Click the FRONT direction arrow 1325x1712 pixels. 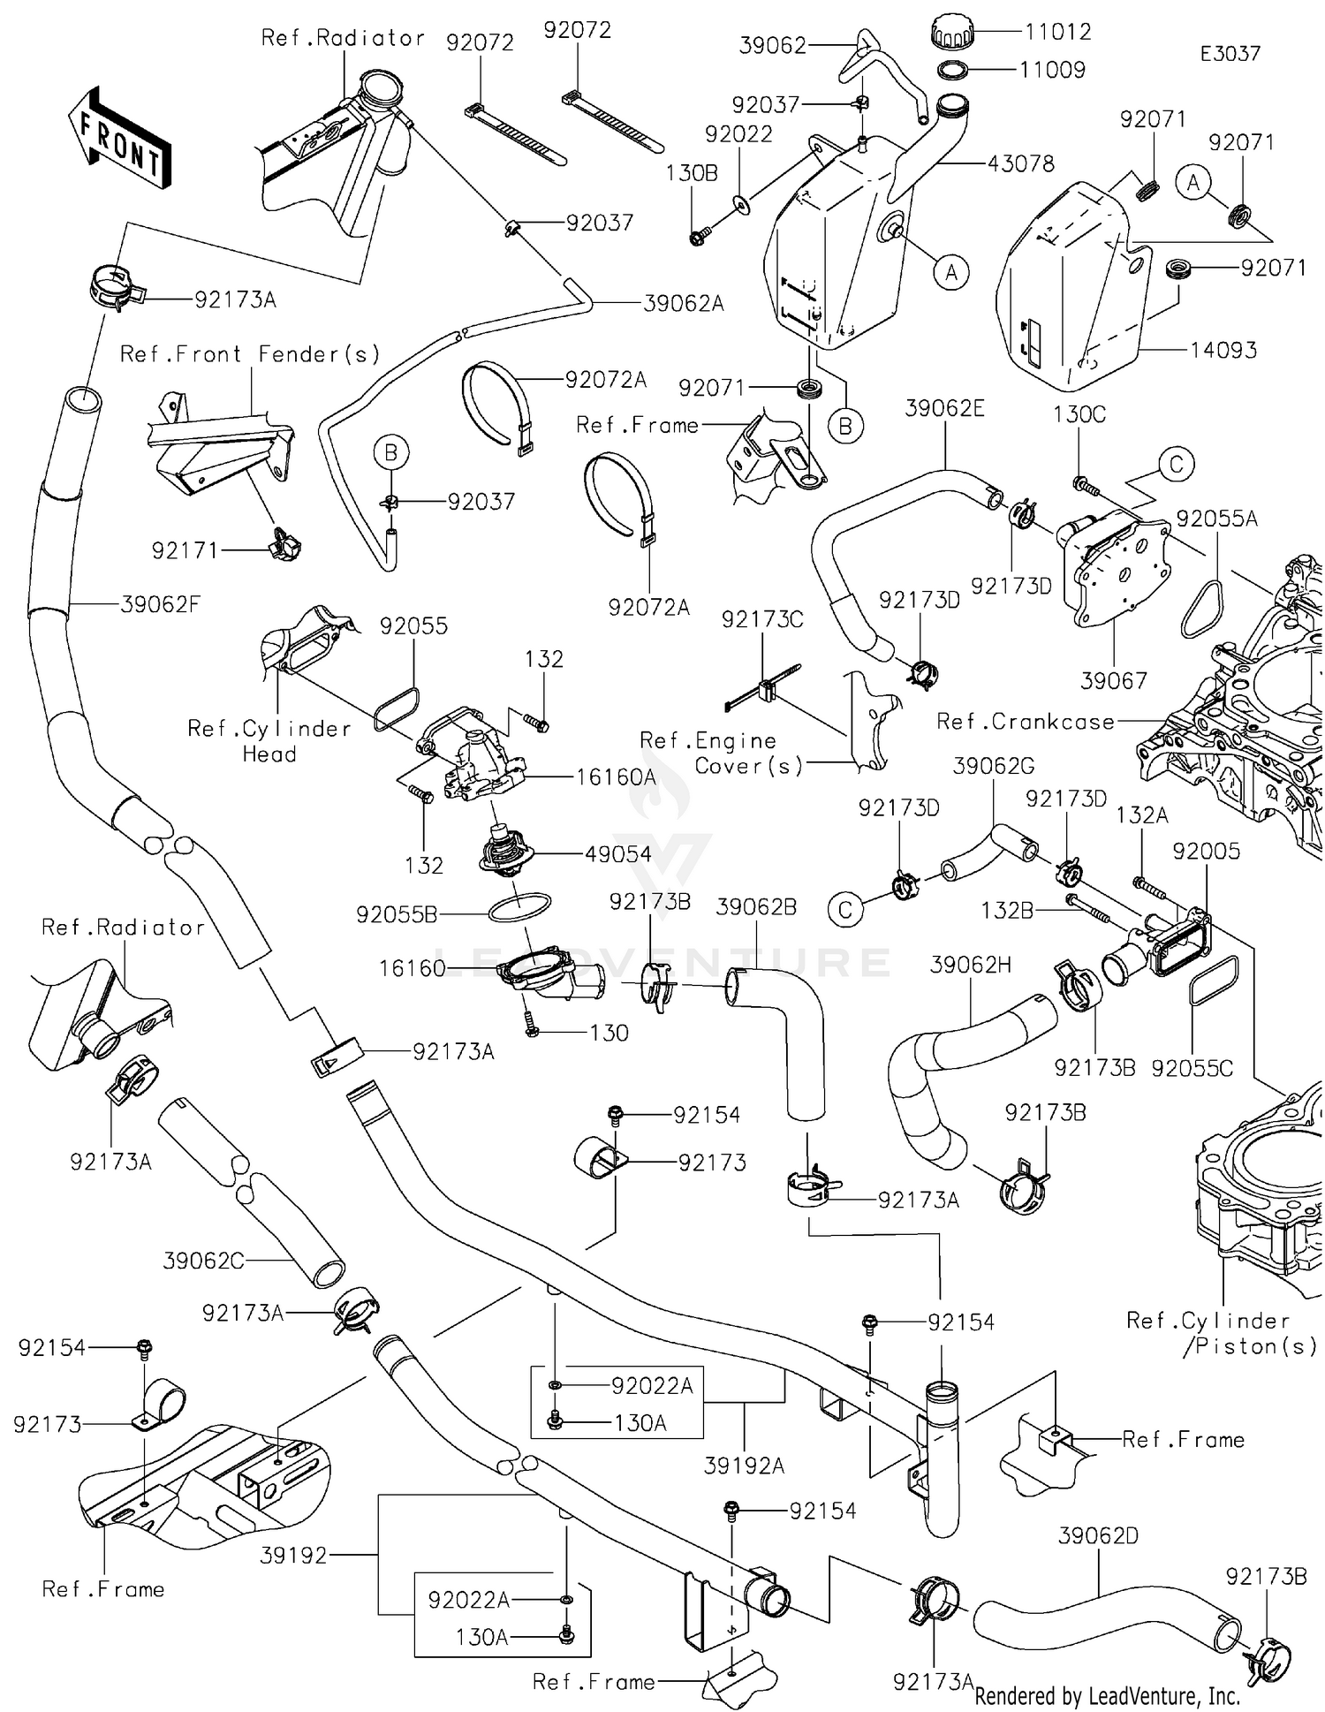tap(119, 140)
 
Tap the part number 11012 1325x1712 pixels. tap(1057, 32)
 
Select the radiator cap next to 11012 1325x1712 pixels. tap(952, 34)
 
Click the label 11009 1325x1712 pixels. tap(1052, 70)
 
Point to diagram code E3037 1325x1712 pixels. tap(1230, 54)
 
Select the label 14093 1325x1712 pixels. tap(1223, 350)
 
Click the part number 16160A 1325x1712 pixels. tap(616, 777)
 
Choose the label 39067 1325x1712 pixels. tap(1114, 680)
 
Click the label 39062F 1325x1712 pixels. tap(161, 604)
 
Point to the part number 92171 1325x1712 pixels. tap(185, 550)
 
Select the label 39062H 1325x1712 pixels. tap(970, 966)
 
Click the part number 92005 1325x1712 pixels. tap(1206, 851)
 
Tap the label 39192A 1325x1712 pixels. tap(744, 1466)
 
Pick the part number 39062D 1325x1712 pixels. tap(1098, 1535)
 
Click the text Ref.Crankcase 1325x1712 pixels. tap(1026, 722)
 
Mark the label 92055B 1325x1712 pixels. tap(397, 914)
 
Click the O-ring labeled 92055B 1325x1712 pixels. tap(519, 907)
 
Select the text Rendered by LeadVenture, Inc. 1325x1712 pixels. tap(1107, 1696)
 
